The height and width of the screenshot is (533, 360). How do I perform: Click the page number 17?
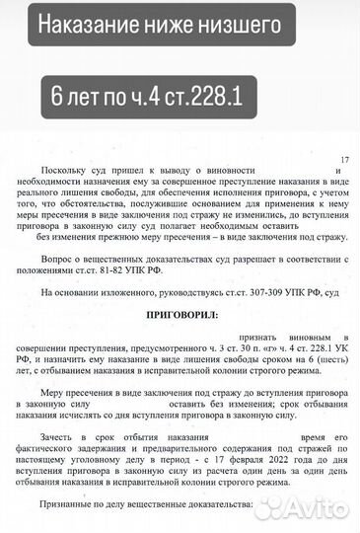344,160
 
